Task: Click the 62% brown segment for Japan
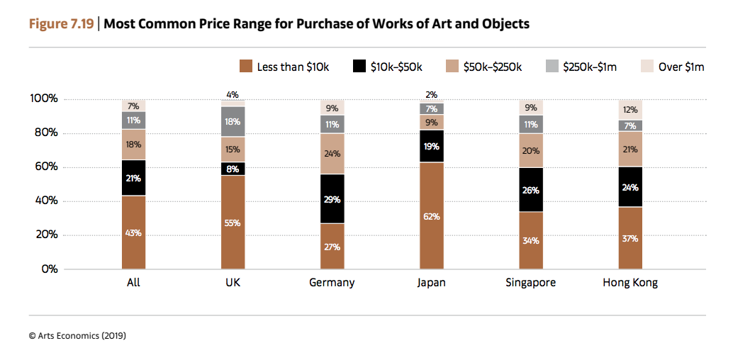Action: coord(431,216)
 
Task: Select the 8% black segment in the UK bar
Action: coord(233,169)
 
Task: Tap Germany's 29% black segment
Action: coord(332,199)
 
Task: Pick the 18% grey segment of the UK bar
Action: coord(233,121)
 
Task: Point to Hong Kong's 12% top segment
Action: coord(630,110)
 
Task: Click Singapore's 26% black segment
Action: coord(530,190)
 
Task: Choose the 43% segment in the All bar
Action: coord(133,232)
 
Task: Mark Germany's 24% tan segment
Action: coord(332,154)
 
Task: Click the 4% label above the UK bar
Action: coord(233,94)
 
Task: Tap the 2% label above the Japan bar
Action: coord(431,94)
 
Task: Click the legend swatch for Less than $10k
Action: coord(246,67)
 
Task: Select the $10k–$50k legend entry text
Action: coord(396,67)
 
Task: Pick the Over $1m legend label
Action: coord(681,67)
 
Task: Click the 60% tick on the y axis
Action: coord(45,167)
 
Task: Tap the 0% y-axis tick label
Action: coord(47,269)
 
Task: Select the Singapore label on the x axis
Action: coord(530,283)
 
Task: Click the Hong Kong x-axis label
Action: coord(630,283)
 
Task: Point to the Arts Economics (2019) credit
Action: coord(77,335)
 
